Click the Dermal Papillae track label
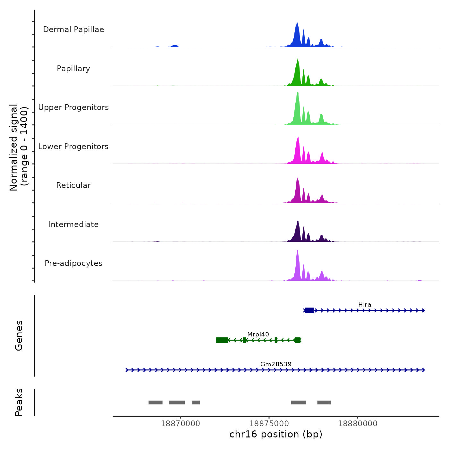[x=73, y=30]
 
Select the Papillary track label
[x=73, y=69]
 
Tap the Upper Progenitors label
[x=73, y=107]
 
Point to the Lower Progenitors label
[x=73, y=147]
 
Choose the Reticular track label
[x=73, y=185]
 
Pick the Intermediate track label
[x=73, y=224]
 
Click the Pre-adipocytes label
[x=73, y=263]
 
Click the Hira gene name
[x=365, y=305]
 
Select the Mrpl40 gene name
[x=258, y=335]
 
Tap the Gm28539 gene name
[x=276, y=364]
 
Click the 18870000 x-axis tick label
[x=181, y=424]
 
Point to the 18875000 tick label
[x=269, y=424]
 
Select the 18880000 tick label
[x=358, y=424]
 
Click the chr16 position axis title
[x=276, y=434]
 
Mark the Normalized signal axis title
[x=19, y=148]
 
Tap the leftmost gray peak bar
[x=156, y=402]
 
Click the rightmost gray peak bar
[x=324, y=402]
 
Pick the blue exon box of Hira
[x=309, y=310]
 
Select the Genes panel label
[x=19, y=335]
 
